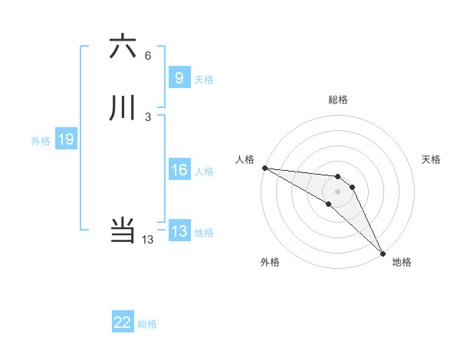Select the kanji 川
point(123,108)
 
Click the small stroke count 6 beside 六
point(148,56)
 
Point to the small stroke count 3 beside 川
point(148,117)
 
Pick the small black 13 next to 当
point(148,240)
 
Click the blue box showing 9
point(179,78)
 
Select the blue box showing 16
point(179,170)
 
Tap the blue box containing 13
point(179,231)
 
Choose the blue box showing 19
point(65,139)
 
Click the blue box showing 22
point(123,323)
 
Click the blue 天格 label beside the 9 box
point(204,79)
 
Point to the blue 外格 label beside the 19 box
point(41,140)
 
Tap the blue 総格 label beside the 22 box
point(147,324)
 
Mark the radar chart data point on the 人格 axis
point(264,168)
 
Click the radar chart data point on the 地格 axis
point(383,253)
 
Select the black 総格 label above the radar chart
point(338,100)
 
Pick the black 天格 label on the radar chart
point(432,159)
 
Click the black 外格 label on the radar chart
point(270,262)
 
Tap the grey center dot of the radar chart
point(338,191)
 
